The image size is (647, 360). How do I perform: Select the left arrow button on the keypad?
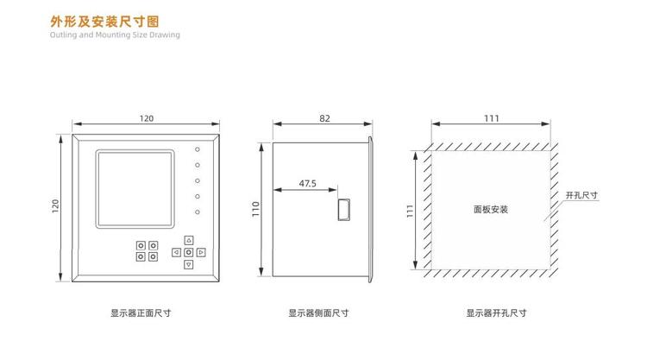176,252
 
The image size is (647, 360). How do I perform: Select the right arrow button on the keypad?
201,252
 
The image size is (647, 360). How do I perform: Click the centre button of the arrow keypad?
189,252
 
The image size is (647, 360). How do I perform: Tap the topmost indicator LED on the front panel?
198,148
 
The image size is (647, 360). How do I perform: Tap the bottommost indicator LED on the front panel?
198,212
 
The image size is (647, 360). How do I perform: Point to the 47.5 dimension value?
308,183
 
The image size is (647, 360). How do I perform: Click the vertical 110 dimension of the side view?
256,210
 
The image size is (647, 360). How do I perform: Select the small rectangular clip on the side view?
343,210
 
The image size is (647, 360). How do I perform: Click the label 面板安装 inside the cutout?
491,209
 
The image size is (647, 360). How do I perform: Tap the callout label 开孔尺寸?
581,196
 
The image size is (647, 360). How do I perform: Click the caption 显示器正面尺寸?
141,313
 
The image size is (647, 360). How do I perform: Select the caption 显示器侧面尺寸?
318,313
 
